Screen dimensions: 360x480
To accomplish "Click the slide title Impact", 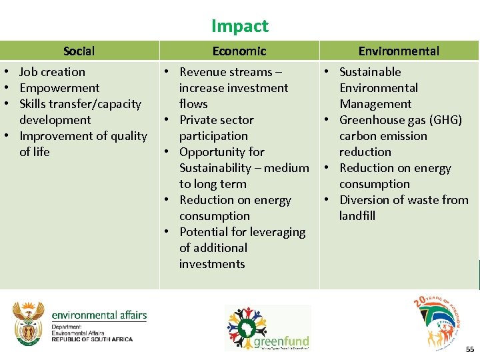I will (x=239, y=26).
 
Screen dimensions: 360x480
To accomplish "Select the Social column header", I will (x=79, y=51).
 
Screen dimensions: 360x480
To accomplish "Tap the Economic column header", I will (x=239, y=51).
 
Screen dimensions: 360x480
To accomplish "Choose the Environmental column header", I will (x=399, y=51).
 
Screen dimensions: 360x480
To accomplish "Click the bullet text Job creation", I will (x=52, y=72).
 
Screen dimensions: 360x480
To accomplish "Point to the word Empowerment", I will (x=59, y=88).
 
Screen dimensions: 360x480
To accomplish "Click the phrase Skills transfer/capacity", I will (x=80, y=104).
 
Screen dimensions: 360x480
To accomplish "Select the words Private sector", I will (x=217, y=120).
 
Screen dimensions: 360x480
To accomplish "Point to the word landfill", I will (x=357, y=216).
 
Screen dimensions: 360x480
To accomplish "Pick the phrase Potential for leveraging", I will (x=242, y=232).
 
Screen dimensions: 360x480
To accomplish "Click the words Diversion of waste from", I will (x=403, y=200).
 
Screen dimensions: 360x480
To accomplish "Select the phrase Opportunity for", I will (x=222, y=152).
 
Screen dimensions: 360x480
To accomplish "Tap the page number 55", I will (x=470, y=349).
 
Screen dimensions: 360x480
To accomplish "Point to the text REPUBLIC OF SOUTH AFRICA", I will (x=92, y=339).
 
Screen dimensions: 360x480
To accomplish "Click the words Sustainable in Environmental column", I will (x=370, y=72).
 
